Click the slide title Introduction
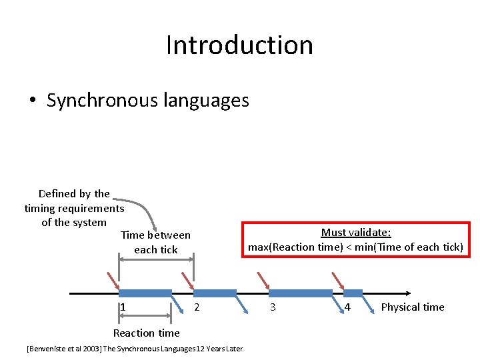click(239, 45)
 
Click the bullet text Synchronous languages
click(147, 100)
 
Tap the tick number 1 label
click(123, 307)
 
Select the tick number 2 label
click(196, 307)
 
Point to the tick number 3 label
click(272, 307)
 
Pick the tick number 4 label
click(347, 307)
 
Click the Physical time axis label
click(412, 307)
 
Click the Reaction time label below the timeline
click(146, 333)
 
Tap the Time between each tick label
click(155, 242)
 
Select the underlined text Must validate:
click(355, 233)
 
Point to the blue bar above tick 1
click(145, 293)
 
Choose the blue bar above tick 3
click(300, 293)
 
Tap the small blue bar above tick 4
click(353, 293)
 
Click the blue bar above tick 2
click(215, 293)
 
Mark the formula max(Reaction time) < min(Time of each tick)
click(355, 247)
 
